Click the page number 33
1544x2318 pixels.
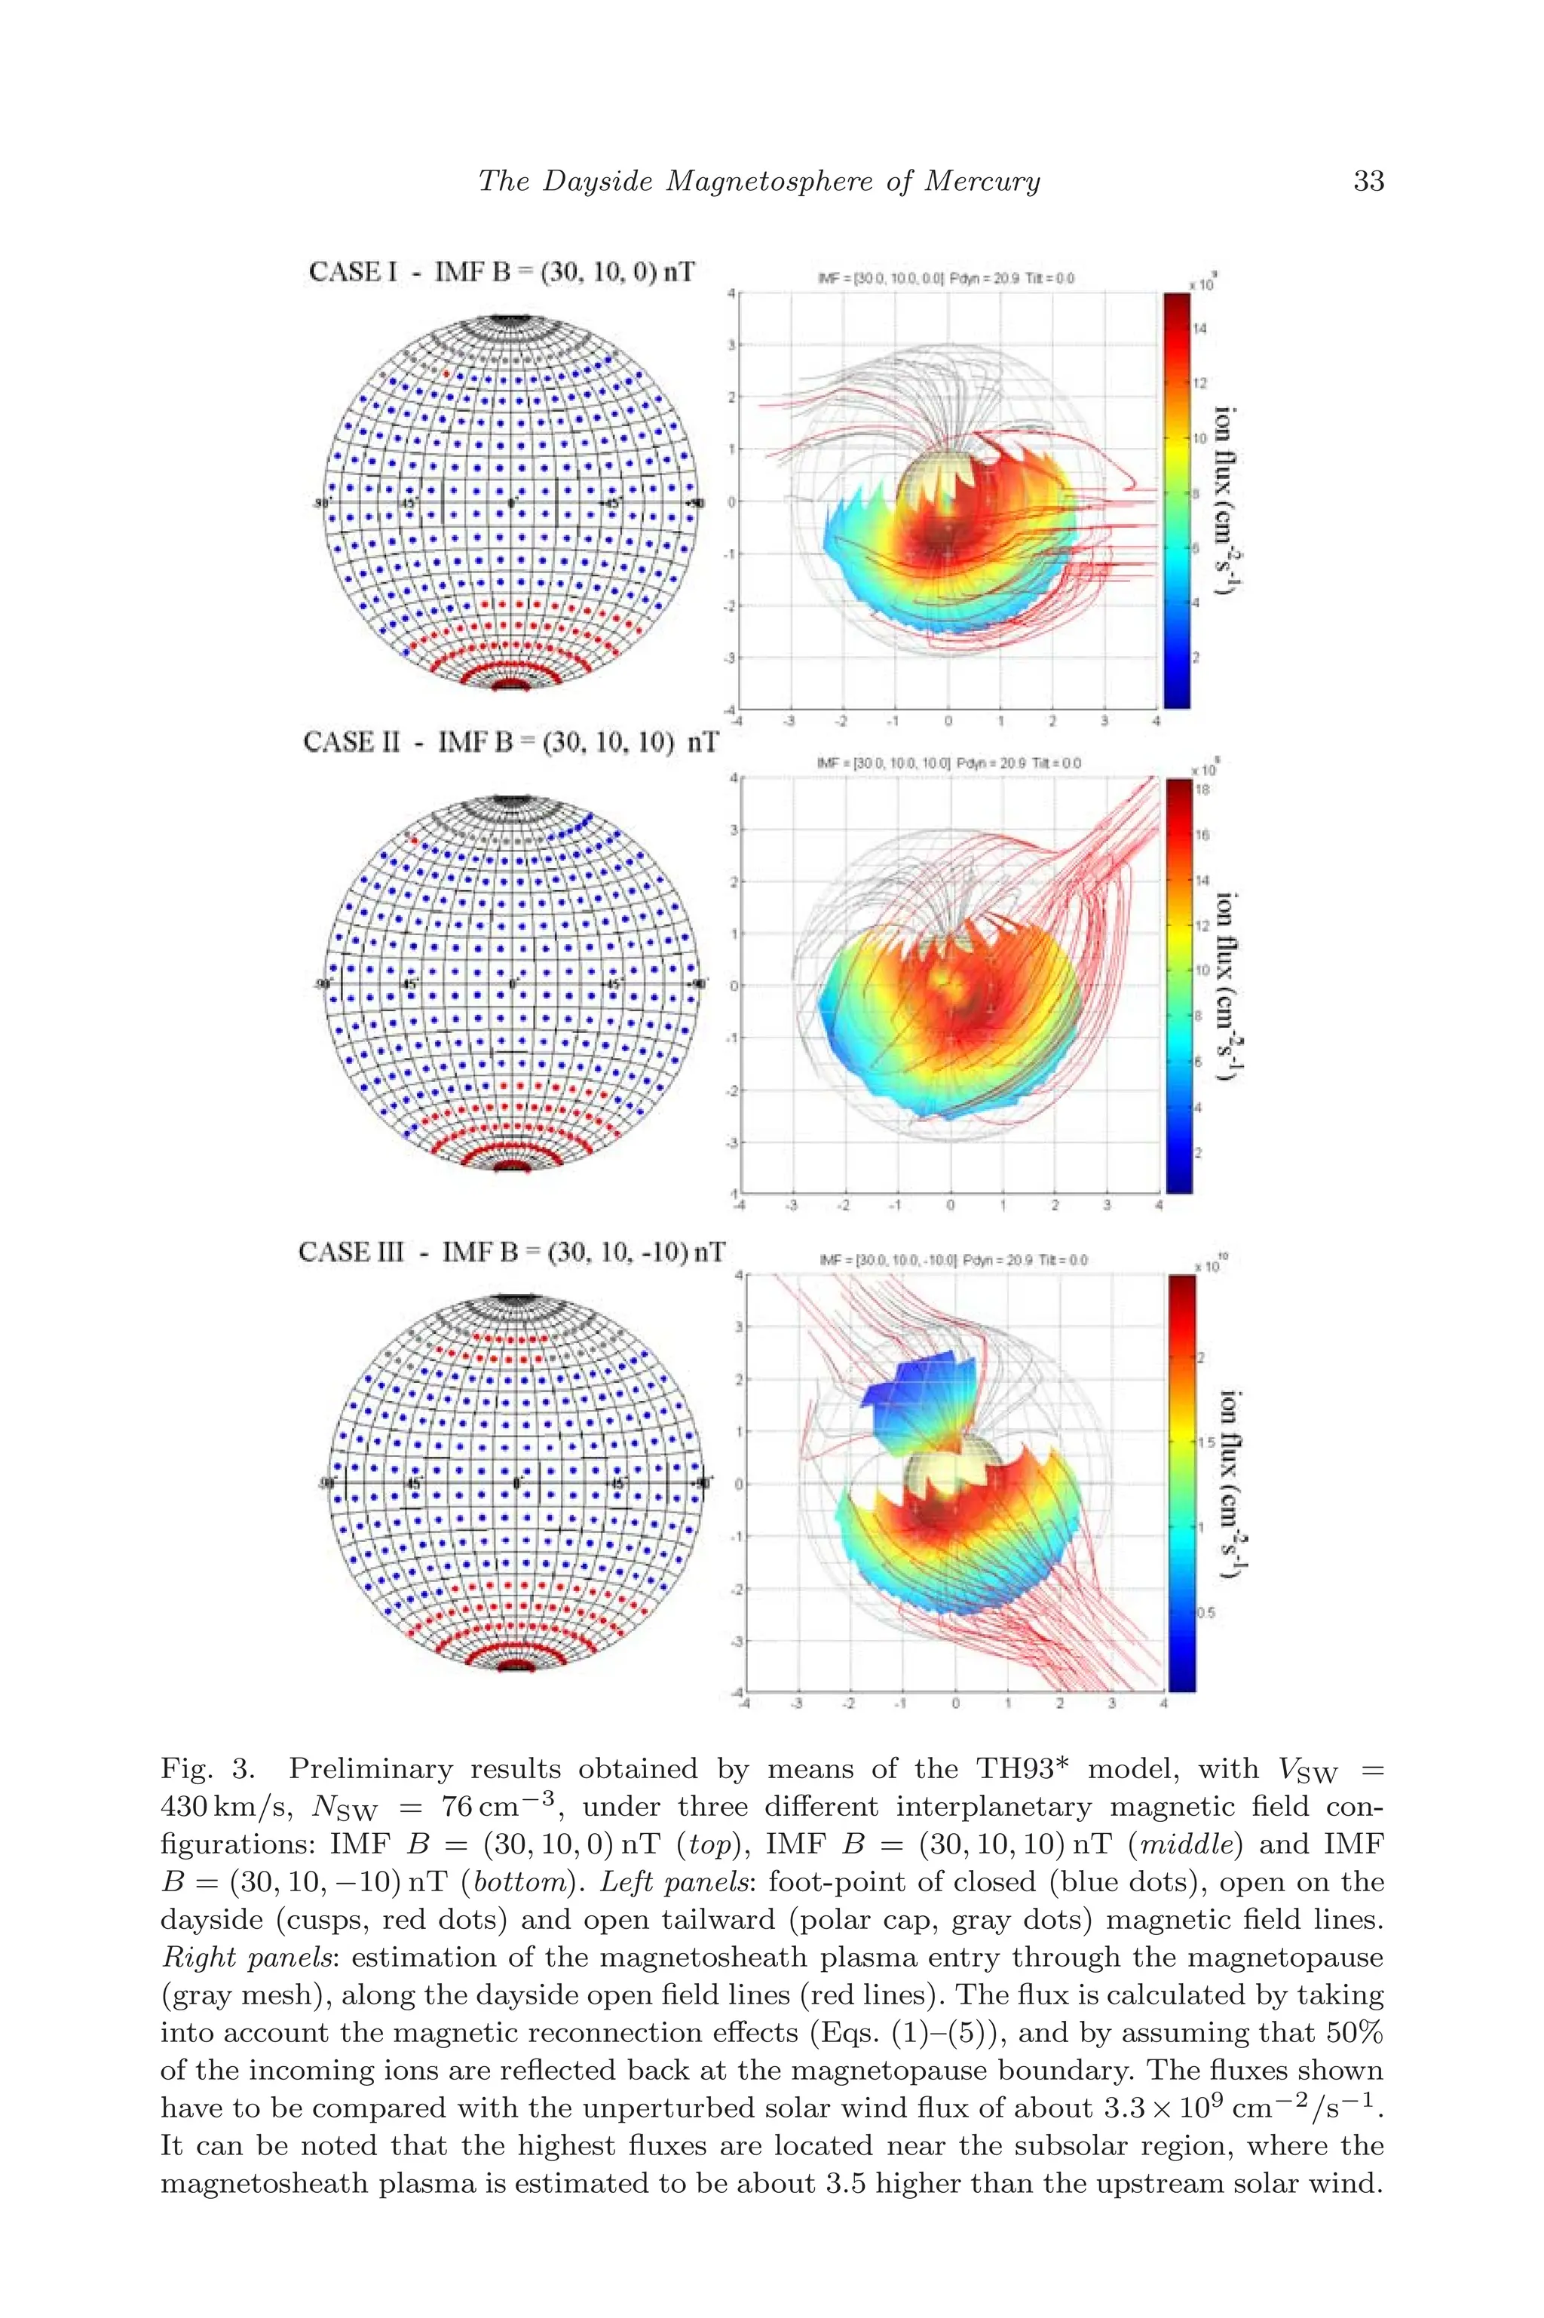click(x=1368, y=180)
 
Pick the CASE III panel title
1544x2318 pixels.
click(x=511, y=1252)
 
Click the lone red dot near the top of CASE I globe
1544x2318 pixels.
click(x=446, y=373)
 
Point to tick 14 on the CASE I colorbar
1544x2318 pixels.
click(x=1199, y=329)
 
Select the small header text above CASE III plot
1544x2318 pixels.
click(x=952, y=1259)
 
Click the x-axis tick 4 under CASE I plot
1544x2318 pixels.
click(x=1156, y=721)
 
